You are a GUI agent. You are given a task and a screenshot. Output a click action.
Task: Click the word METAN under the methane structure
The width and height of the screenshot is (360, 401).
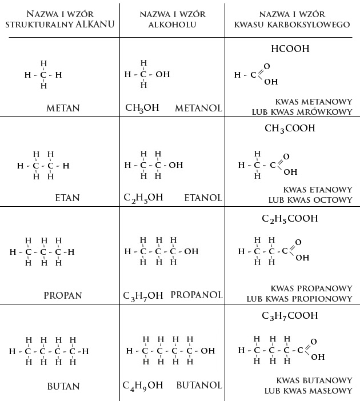pos(63,108)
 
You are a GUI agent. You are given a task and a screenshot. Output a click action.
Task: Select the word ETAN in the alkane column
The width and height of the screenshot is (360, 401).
pos(67,198)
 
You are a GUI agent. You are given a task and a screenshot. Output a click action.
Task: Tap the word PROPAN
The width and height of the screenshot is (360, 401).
pos(63,295)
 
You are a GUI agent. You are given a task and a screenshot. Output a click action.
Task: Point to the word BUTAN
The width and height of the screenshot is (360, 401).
pos(63,386)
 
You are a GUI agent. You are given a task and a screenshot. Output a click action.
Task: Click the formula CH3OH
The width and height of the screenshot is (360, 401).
pos(142,108)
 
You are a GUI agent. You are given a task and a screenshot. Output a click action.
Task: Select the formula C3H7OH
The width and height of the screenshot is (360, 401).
pos(143,296)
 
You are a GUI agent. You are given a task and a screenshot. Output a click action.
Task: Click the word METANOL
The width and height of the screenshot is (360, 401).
pos(198,108)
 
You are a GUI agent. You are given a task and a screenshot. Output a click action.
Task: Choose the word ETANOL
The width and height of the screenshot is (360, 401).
pos(203,198)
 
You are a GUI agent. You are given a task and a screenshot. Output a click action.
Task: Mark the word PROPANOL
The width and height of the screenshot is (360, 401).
pos(196,295)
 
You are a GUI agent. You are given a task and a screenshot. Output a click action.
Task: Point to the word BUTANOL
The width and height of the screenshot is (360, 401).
pos(199,386)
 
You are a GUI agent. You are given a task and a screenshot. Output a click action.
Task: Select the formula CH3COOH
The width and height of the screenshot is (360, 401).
pos(290,129)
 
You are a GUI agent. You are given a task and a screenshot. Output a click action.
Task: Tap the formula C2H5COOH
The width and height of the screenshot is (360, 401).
pos(289,219)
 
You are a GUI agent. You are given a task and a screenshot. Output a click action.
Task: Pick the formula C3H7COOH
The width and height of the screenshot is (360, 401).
pos(289,316)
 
